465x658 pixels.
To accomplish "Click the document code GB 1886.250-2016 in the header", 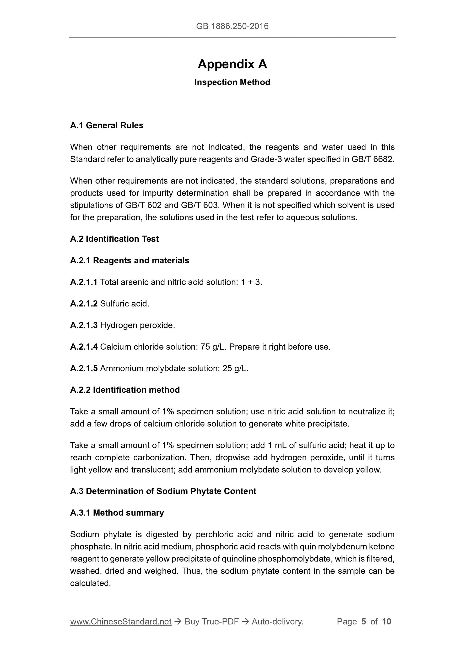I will pos(232,26).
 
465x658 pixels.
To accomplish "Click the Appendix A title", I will pos(232,64).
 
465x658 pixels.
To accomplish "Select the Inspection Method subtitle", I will pos(232,82).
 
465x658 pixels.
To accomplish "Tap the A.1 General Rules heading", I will pos(107,125).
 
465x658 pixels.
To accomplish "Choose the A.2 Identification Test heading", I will pos(114,239).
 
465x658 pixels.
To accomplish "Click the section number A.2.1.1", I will pos(84,282).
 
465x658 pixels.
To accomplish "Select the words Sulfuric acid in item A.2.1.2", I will pos(124,304).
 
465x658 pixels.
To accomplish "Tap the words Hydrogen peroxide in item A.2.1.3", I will pos(137,325).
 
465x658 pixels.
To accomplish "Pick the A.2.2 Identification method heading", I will pos(125,390).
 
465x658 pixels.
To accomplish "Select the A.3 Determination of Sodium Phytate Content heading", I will pos(163,491).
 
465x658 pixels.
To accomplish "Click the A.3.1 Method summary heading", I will pos(117,513).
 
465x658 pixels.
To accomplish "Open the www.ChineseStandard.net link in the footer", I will pos(121,622).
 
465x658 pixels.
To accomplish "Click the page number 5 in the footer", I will pos(364,622).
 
